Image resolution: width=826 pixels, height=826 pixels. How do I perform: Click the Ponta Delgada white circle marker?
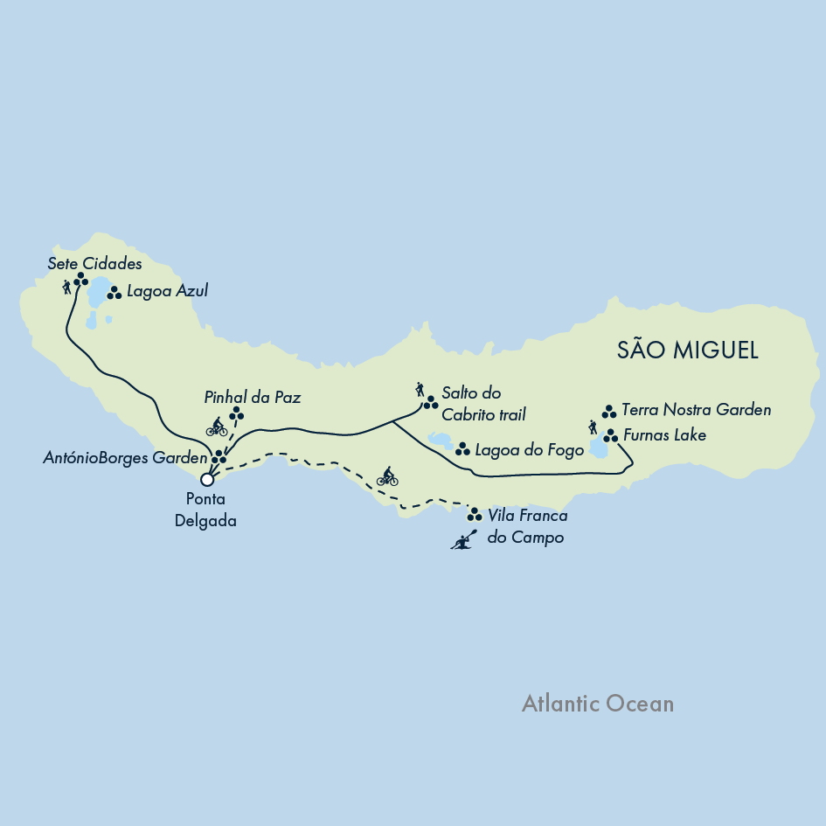click(207, 479)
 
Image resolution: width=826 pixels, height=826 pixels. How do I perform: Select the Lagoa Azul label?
click(168, 291)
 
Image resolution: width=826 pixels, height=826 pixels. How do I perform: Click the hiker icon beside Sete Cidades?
click(66, 286)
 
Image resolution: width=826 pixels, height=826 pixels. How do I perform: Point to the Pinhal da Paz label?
click(253, 398)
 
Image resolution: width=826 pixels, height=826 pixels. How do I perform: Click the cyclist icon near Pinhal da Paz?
click(217, 427)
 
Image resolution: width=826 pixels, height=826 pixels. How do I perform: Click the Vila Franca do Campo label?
click(527, 527)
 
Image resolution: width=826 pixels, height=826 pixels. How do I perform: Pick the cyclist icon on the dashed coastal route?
click(387, 476)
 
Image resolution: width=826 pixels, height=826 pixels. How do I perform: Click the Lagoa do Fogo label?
click(529, 451)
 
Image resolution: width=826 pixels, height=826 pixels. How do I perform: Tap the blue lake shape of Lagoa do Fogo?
click(439, 440)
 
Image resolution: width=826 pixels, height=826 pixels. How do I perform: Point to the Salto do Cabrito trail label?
click(483, 403)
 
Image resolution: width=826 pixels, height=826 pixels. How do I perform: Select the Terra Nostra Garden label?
click(696, 409)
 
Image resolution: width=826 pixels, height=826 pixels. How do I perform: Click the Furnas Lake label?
click(664, 434)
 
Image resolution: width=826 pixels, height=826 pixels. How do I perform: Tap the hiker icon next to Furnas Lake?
click(593, 427)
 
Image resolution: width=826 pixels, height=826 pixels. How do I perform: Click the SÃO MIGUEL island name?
click(687, 351)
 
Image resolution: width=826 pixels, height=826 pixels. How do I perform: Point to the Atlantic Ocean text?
click(598, 704)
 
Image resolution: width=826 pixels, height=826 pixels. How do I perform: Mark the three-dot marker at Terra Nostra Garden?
click(609, 411)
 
